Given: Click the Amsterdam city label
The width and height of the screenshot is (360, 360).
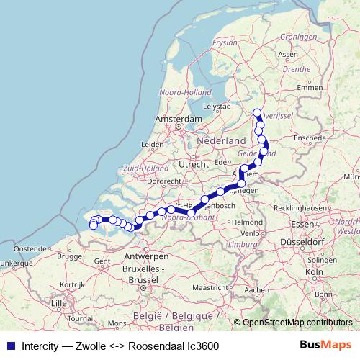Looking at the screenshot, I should [x=176, y=118].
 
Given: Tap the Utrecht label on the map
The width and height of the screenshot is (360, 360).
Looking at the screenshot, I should [x=194, y=164].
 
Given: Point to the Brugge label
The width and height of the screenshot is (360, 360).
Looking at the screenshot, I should [x=69, y=256].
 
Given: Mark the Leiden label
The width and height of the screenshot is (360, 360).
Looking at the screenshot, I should [x=153, y=144].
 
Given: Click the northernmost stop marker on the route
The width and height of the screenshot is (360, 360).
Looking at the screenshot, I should [x=257, y=112].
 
